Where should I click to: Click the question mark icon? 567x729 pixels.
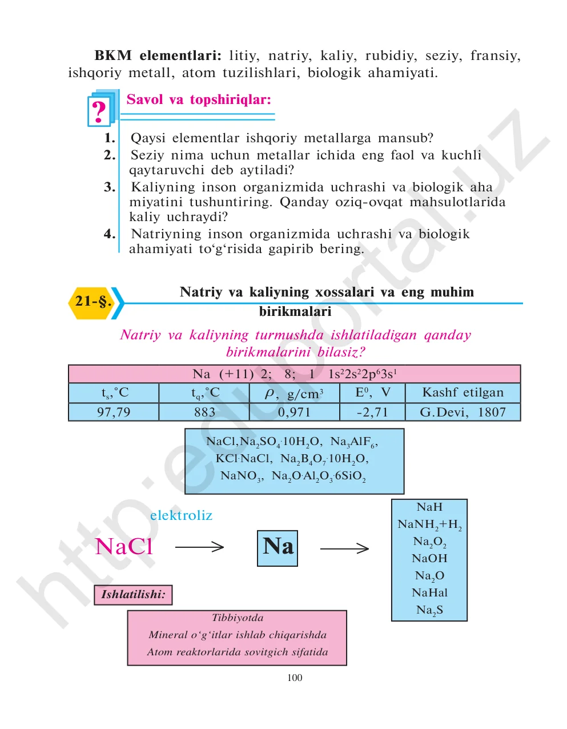[99, 111]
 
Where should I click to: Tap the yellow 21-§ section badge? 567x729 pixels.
[93, 302]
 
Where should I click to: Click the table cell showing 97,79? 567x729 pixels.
[114, 412]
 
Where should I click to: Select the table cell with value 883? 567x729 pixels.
[204, 412]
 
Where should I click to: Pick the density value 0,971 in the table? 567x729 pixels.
[295, 412]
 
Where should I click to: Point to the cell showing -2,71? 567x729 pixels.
[372, 412]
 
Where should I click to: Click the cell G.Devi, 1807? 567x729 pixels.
[463, 412]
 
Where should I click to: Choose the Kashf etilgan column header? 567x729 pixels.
[463, 393]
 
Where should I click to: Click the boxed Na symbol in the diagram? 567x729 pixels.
[278, 547]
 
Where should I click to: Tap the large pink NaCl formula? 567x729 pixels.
[124, 547]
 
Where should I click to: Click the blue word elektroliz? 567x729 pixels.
[181, 515]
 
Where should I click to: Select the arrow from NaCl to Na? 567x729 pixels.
[199, 547]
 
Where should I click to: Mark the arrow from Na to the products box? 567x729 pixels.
[344, 548]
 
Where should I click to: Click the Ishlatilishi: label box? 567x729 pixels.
[133, 595]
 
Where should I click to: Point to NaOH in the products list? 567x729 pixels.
[429, 559]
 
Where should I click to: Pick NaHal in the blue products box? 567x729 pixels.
[429, 593]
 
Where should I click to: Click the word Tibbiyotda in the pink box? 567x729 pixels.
[238, 618]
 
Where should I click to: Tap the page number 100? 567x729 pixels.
[295, 678]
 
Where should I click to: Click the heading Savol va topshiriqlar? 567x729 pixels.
[199, 100]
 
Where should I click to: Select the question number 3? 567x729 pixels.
[110, 187]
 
